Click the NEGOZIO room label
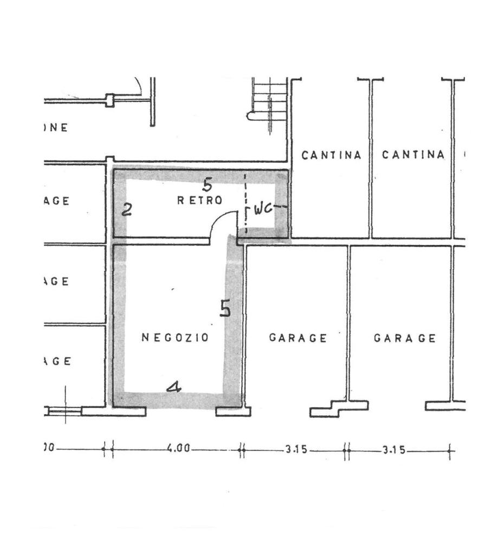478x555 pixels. point(175,337)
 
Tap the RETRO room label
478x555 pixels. point(200,201)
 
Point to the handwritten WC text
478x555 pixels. point(263,208)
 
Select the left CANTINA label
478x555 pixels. point(331,155)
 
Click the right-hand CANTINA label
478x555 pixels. point(413,155)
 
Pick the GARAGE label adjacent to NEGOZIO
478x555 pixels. point(298,338)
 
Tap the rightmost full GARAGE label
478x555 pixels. point(404,338)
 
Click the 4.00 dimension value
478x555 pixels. point(178,449)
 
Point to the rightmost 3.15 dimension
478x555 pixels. point(393,449)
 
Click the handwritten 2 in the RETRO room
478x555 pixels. point(127,210)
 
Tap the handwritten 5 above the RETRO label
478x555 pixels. point(207,185)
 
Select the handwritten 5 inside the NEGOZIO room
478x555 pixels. point(225,308)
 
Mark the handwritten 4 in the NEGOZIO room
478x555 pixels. point(173,387)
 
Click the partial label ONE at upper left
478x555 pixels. point(56,128)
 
